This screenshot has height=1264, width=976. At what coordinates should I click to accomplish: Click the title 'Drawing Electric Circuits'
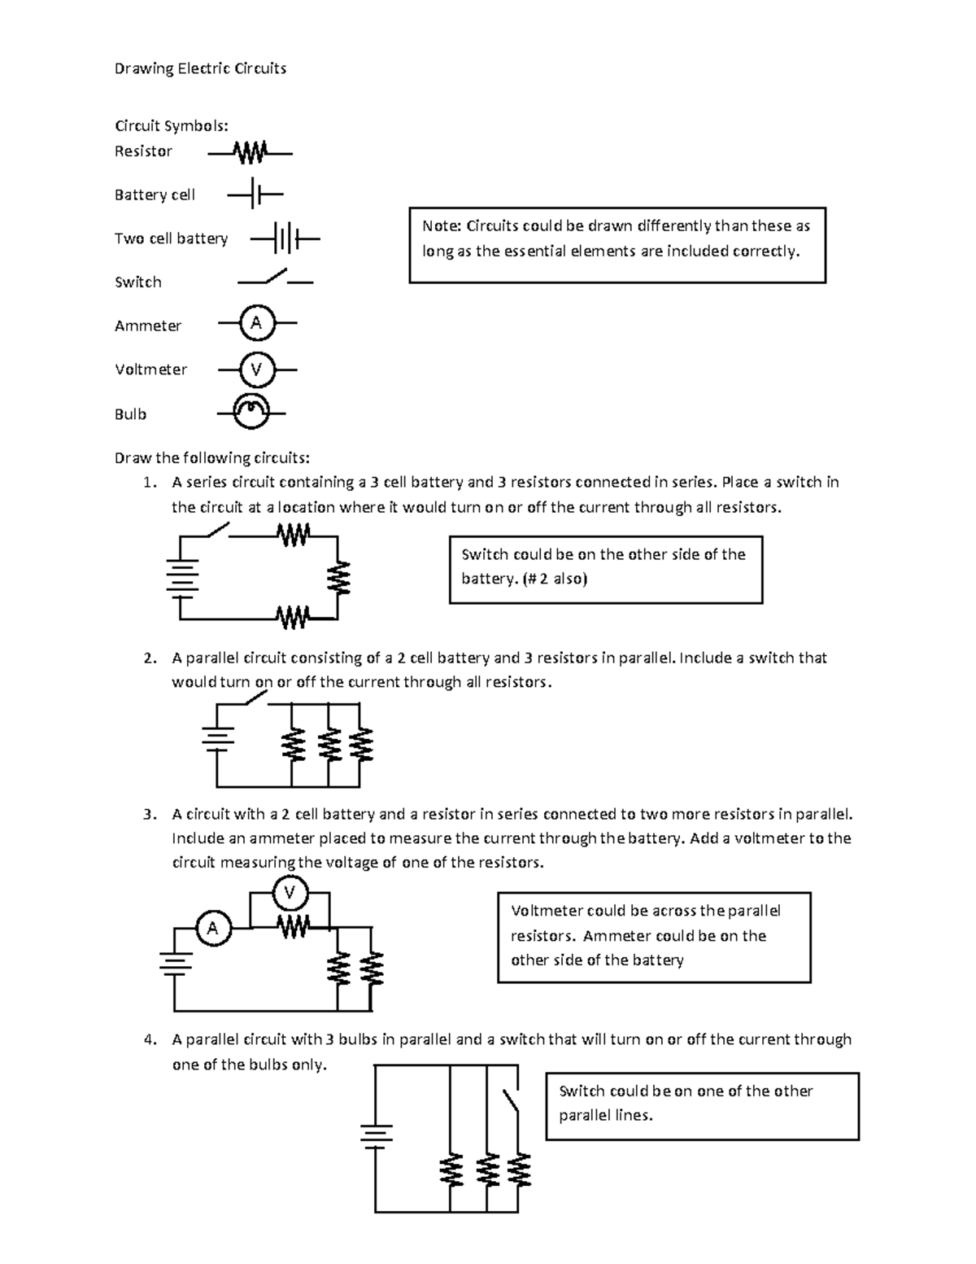(200, 68)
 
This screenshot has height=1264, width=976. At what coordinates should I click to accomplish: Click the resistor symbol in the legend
(250, 152)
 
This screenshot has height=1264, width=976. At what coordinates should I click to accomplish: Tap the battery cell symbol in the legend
(255, 195)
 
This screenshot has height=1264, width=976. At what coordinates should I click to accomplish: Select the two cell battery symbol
(285, 239)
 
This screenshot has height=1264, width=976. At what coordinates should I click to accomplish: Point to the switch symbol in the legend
(275, 278)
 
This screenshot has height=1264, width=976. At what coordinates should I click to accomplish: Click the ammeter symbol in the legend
(256, 323)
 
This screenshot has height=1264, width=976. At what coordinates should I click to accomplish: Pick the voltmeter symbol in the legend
(256, 370)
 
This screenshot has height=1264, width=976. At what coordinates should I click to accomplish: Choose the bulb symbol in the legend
(251, 412)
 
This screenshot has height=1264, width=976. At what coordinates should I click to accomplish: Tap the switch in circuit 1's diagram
(218, 531)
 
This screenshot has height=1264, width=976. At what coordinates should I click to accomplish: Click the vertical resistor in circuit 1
(338, 579)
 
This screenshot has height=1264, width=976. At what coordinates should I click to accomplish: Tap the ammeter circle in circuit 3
(213, 928)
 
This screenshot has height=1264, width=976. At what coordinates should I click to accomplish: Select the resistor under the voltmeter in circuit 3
(294, 926)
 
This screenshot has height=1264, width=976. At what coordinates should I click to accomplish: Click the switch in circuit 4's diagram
(510, 1101)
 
